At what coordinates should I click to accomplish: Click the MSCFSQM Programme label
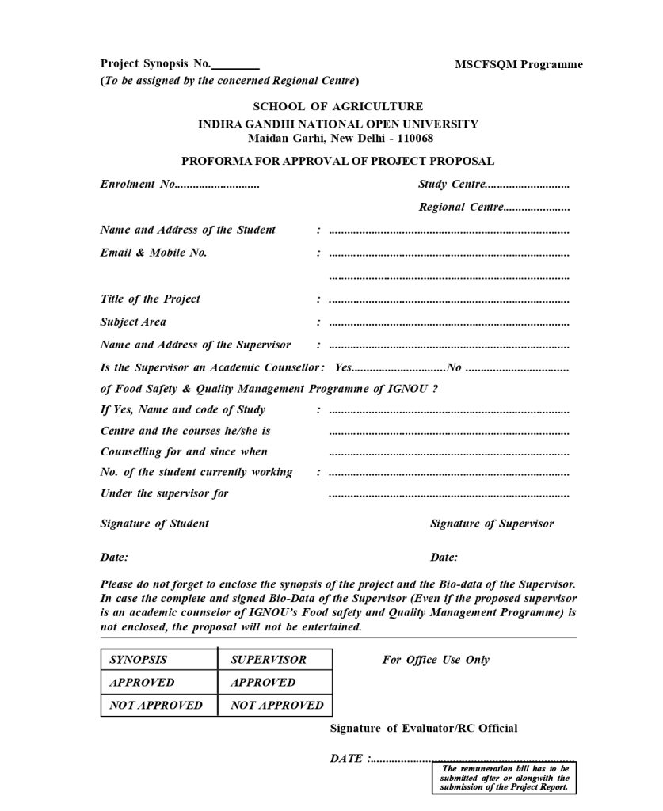pos(518,65)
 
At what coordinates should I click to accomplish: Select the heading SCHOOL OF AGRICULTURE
pos(337,107)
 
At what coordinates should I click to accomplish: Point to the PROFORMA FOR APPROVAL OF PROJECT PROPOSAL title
pos(337,162)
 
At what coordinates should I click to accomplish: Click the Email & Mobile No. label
pos(154,253)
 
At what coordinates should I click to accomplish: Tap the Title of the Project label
pos(150,299)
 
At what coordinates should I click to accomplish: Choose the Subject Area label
pos(133,322)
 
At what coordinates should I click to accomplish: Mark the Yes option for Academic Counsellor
pos(343,368)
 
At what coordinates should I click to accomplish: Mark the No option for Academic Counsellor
pos(455,368)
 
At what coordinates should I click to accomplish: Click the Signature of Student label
pos(154,524)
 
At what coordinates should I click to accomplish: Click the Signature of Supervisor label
pos(492,524)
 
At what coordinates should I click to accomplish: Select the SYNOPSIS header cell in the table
pos(139,660)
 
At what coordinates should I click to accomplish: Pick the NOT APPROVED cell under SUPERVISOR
pos(276,705)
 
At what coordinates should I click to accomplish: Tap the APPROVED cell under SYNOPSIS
pos(142,683)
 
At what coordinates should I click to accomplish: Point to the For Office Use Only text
pos(436,660)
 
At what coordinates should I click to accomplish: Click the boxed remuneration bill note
pos(505,779)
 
